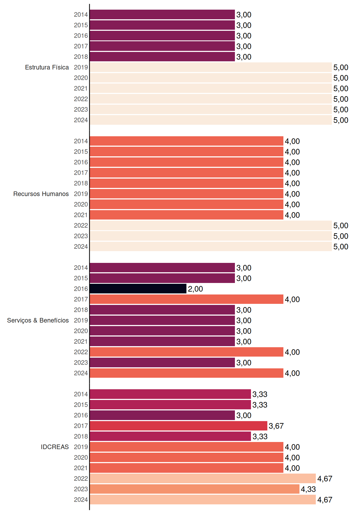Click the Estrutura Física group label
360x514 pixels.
(47, 67)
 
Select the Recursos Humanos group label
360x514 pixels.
(41, 194)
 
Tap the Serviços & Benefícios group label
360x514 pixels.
(38, 320)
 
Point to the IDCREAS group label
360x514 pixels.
(55, 447)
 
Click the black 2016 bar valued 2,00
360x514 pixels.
(138, 289)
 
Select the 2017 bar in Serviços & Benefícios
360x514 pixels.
(186, 299)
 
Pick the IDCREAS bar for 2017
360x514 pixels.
(178, 426)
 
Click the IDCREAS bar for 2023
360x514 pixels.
(194, 489)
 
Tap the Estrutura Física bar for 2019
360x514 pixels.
(211, 67)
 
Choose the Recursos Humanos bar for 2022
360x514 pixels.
(211, 225)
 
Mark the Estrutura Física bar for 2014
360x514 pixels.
(162, 14)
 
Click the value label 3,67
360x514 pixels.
(276, 426)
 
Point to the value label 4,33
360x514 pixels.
(308, 489)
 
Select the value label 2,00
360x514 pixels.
(195, 289)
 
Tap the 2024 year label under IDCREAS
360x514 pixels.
(81, 500)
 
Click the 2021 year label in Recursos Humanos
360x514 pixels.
(81, 215)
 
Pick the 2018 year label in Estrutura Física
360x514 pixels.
(81, 57)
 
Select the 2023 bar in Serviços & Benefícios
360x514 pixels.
(162, 362)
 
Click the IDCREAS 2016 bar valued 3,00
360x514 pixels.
(162, 415)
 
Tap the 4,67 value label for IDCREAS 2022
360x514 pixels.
(325, 479)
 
